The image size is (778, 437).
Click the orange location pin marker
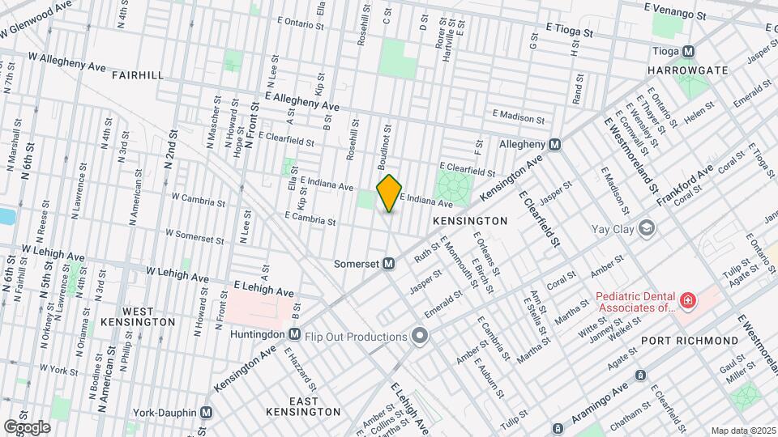(390, 193)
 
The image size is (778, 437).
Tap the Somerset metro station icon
(389, 264)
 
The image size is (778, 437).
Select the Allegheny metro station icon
(554, 144)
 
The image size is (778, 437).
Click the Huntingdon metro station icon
(294, 333)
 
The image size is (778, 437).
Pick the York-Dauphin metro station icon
(206, 412)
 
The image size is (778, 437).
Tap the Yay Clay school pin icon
(647, 228)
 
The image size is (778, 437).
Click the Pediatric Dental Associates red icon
(688, 302)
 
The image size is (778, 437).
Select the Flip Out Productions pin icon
(419, 336)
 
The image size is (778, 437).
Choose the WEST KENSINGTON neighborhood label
(137, 316)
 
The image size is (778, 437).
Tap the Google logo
(27, 426)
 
